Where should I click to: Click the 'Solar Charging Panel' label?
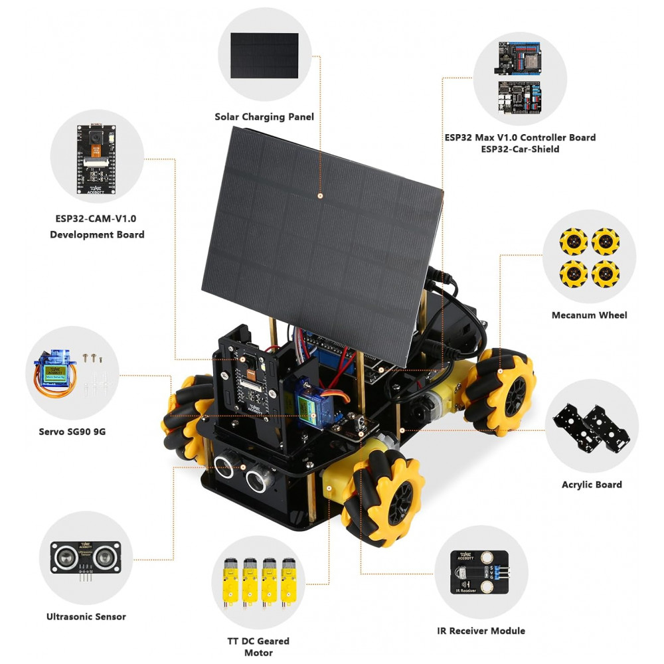click(264, 117)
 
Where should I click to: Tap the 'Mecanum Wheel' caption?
click(589, 315)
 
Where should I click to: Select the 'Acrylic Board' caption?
click(592, 485)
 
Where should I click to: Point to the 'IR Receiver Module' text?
click(481, 631)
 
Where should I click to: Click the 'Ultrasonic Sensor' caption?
click(86, 617)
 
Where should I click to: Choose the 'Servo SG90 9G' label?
click(72, 432)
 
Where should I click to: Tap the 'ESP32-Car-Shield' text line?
click(520, 149)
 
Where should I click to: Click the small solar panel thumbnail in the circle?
click(264, 56)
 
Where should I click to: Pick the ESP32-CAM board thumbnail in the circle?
click(96, 159)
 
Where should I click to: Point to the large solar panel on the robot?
click(322, 246)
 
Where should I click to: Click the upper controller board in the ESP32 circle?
click(519, 58)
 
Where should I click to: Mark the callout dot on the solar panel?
click(320, 196)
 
